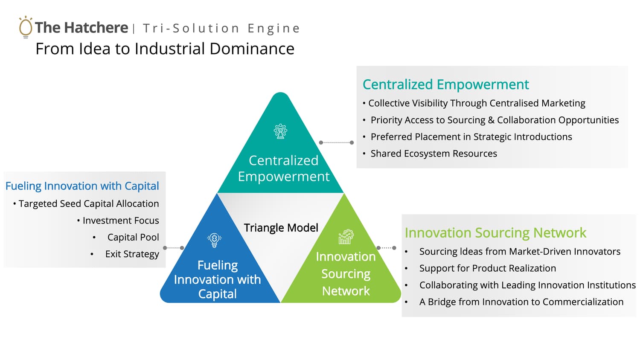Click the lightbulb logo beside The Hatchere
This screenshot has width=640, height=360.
click(26, 27)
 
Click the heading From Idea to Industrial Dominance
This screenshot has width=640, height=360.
click(165, 49)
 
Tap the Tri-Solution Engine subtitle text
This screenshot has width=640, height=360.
click(221, 29)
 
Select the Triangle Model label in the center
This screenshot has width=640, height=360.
click(281, 228)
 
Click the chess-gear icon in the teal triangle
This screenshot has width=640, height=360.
click(280, 131)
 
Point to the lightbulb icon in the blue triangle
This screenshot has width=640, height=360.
click(214, 240)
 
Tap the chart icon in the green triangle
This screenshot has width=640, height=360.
click(346, 237)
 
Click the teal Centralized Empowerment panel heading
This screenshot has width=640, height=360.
click(446, 84)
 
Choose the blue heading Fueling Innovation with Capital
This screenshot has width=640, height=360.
click(82, 186)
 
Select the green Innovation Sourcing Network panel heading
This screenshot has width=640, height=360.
click(495, 232)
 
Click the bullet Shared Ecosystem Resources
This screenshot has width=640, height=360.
click(434, 154)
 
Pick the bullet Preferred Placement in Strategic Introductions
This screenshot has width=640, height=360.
click(471, 137)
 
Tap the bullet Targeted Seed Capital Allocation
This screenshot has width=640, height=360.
click(89, 204)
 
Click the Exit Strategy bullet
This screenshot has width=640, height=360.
click(132, 254)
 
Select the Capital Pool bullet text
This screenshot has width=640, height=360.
click(133, 237)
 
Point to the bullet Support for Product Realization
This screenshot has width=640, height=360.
click(487, 268)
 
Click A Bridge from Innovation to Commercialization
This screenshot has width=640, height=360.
click(521, 302)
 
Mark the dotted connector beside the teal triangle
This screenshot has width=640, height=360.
click(336, 142)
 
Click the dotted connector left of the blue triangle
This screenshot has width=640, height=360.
click(173, 248)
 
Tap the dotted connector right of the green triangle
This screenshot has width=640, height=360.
click(386, 248)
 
